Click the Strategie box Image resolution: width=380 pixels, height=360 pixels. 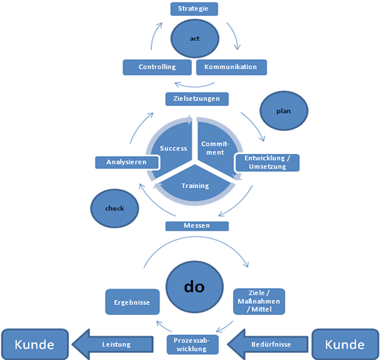(x=194, y=9)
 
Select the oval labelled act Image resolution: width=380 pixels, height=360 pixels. (x=195, y=39)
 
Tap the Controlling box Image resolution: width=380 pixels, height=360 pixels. (x=157, y=67)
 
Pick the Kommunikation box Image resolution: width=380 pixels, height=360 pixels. (x=230, y=67)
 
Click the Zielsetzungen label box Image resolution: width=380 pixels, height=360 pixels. (x=196, y=99)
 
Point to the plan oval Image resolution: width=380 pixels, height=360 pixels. (x=284, y=110)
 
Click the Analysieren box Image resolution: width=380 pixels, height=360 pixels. (x=126, y=162)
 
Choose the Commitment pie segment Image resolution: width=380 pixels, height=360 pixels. (x=213, y=148)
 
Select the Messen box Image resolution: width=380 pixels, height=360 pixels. (x=196, y=225)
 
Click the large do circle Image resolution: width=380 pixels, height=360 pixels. (x=196, y=286)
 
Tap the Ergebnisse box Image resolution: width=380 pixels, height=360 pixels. (x=129, y=303)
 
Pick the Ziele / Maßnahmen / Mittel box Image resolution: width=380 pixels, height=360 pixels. (x=259, y=303)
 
